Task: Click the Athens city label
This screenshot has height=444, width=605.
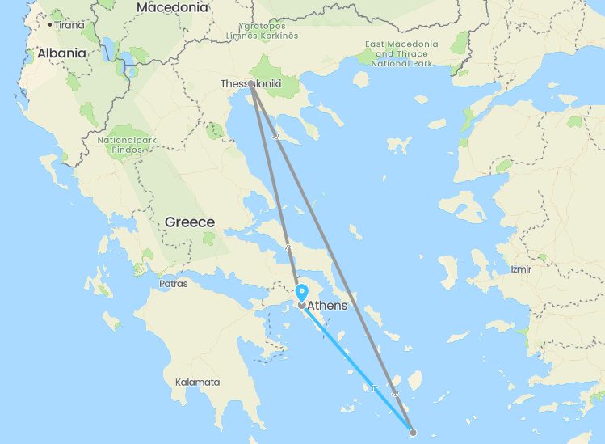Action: [328, 306]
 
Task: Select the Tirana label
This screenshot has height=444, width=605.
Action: [69, 25]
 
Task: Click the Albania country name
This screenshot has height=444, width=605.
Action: [61, 53]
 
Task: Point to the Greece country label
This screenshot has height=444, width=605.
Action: [190, 222]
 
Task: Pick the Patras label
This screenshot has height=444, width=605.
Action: [173, 284]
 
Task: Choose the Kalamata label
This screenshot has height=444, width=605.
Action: [197, 382]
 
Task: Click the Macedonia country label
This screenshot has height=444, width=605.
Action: [172, 7]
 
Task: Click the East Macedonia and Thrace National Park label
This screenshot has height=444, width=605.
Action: [401, 53]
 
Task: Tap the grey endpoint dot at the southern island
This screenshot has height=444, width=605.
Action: [413, 433]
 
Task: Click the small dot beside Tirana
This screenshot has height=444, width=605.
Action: [50, 25]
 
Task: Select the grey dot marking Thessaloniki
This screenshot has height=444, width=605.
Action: [251, 84]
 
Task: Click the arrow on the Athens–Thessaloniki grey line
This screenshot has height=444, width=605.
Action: [288, 243]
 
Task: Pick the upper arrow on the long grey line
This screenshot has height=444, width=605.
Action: [277, 137]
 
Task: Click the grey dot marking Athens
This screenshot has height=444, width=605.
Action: [301, 306]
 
